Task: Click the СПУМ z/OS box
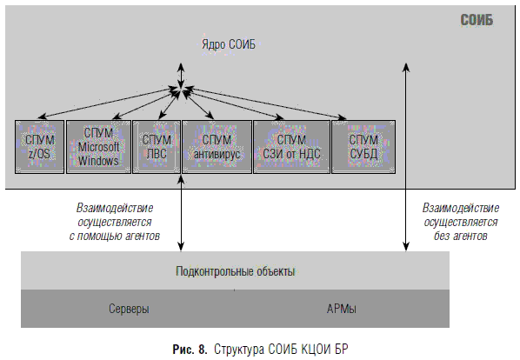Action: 39,147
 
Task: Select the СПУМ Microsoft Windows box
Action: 98,147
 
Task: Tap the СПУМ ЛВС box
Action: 157,147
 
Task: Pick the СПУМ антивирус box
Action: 217,147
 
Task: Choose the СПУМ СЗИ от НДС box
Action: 292,147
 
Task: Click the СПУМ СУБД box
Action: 363,147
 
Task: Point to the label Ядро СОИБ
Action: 229,44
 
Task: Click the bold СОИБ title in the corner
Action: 477,20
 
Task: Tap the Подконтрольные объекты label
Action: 235,271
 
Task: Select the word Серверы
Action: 129,309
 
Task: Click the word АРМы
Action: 341,309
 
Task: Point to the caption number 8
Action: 203,350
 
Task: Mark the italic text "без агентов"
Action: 461,236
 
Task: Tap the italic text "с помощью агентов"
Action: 115,236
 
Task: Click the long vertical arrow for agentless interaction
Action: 406,157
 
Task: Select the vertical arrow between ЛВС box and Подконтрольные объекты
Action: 181,212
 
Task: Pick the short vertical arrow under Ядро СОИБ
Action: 181,76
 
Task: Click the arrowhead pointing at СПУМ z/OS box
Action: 42,117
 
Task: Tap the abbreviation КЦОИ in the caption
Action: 316,350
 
